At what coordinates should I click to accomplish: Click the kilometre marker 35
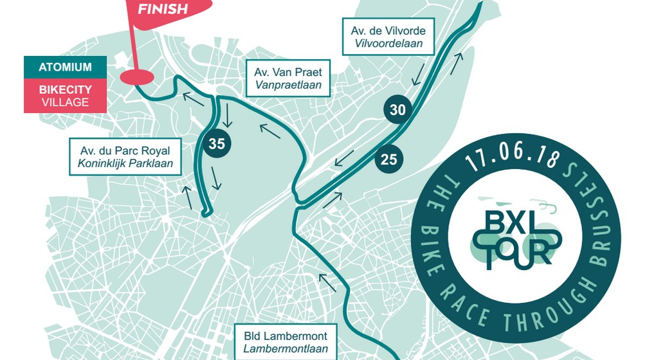click(x=217, y=144)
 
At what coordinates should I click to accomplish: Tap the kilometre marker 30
click(x=397, y=110)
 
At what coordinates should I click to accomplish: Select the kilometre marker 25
click(x=389, y=157)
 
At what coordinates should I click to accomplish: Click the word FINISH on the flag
click(x=163, y=9)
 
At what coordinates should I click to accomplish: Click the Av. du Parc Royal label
click(x=125, y=157)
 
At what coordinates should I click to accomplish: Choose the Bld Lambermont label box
click(x=286, y=343)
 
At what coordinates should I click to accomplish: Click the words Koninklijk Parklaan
click(x=125, y=163)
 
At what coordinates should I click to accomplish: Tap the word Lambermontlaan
click(x=286, y=350)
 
